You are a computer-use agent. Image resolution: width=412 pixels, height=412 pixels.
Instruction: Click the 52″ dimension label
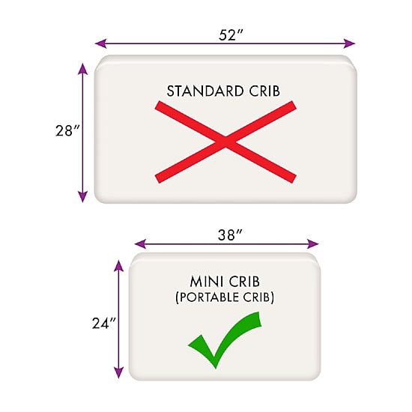click(231, 35)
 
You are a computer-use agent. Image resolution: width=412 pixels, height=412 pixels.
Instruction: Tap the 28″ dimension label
click(67, 130)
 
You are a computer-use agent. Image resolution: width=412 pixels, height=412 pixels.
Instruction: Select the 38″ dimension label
click(230, 235)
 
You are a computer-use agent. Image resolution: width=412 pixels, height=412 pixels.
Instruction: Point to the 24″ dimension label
click(104, 323)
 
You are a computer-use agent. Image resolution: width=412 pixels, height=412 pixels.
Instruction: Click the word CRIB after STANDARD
click(264, 91)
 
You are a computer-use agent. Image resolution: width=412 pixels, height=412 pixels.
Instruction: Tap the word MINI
click(207, 282)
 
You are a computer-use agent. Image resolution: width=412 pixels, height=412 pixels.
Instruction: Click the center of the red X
click(225, 142)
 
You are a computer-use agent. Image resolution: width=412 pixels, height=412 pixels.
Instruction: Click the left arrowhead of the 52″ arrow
click(100, 43)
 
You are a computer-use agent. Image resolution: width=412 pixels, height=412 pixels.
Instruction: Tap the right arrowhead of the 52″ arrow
click(349, 43)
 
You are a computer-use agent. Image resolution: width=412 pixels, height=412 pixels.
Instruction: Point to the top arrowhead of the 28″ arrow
click(82, 69)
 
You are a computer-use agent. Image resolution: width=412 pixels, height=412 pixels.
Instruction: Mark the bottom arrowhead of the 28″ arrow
click(82, 197)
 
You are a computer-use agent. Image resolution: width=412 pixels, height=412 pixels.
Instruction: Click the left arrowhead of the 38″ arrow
click(140, 244)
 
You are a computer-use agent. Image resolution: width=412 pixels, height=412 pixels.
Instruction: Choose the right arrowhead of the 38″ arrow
click(313, 244)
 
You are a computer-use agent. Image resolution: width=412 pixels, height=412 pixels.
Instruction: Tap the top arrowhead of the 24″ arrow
click(119, 266)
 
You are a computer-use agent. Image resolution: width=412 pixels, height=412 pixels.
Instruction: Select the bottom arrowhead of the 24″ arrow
click(119, 372)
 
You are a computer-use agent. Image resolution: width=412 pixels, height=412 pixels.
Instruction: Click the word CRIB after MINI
click(244, 282)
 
